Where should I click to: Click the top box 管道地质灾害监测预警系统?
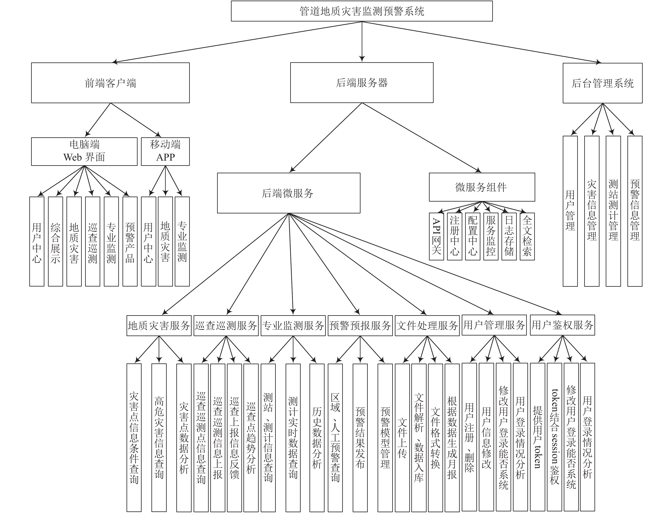click(x=362, y=11)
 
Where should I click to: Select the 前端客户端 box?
click(x=110, y=83)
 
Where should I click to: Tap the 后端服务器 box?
click(x=362, y=83)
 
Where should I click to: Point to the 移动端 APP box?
click(x=165, y=151)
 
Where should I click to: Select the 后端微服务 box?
click(x=289, y=193)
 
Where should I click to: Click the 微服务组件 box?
click(x=482, y=187)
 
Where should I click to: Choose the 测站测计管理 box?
click(x=613, y=211)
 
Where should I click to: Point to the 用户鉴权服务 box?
click(x=562, y=325)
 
